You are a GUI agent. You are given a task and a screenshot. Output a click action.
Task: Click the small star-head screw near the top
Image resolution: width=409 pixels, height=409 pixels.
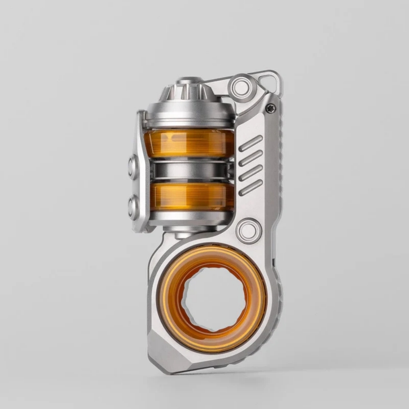tap(270, 108)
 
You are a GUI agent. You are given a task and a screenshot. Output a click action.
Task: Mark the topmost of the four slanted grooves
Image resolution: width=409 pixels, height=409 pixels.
tap(250, 143)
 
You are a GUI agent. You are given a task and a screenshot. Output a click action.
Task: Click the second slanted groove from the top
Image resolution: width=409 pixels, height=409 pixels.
tap(250, 158)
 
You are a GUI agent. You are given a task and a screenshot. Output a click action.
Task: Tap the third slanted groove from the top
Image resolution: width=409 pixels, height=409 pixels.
tap(250, 173)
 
